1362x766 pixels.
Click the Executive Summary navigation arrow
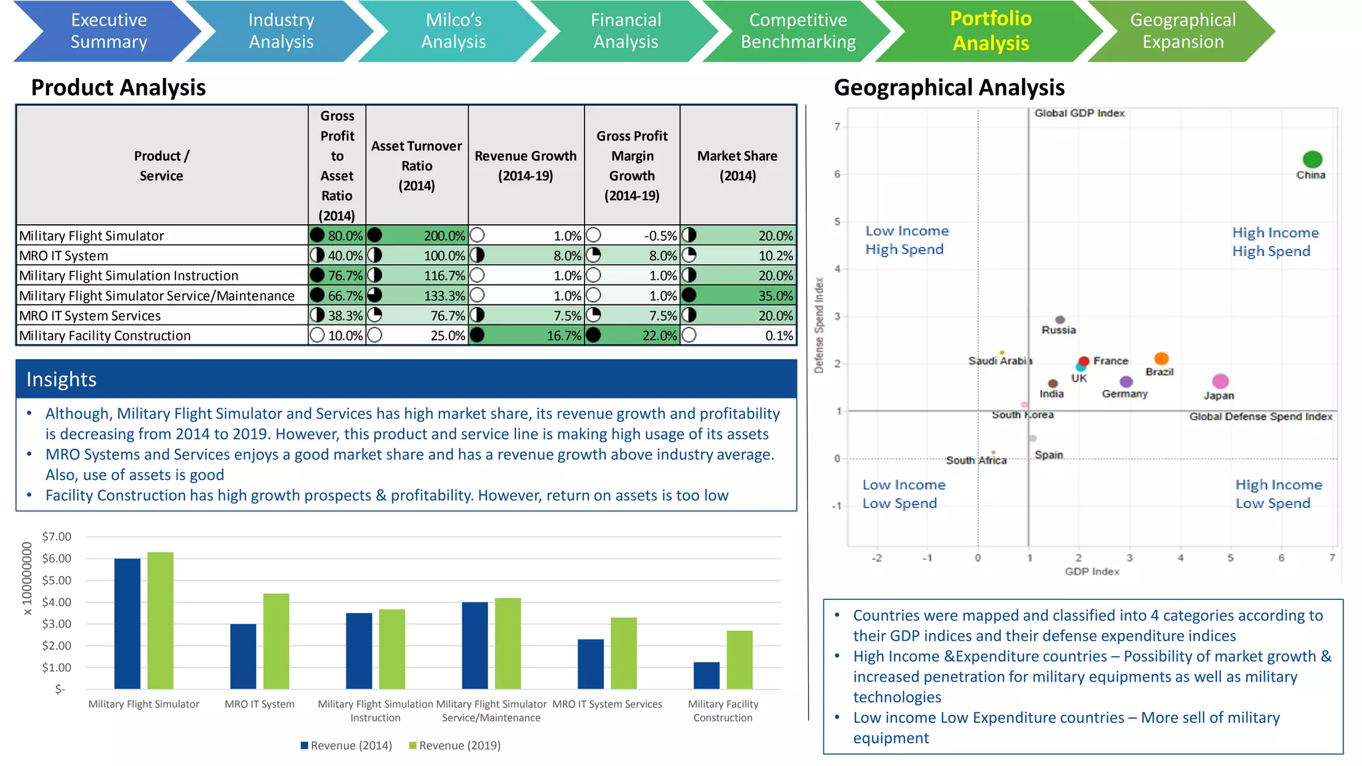coord(108,31)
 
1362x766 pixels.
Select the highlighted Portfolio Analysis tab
coord(990,31)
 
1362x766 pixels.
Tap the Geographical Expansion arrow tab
coord(1182,31)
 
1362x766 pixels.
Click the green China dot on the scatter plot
coord(1312,160)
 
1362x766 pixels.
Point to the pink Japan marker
coord(1220,381)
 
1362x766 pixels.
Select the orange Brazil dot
coord(1161,358)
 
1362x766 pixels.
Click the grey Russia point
coord(1060,320)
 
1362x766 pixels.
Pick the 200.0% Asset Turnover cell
coord(417,235)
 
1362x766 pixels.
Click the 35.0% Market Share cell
coord(738,295)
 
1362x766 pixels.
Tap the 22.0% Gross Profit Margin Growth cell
coord(632,335)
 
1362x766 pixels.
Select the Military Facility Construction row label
coord(105,336)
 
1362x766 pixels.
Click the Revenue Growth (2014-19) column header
coord(525,166)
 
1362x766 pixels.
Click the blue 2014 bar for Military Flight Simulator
coord(127,623)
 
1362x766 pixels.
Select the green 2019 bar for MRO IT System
coord(276,641)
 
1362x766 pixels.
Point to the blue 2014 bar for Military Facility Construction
coord(706,675)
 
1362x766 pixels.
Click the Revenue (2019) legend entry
coord(455,745)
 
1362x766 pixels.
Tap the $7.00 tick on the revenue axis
coord(57,537)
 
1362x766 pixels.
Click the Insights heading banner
coord(406,379)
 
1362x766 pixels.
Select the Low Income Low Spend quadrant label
coord(903,494)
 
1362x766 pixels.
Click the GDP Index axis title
coord(1092,571)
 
